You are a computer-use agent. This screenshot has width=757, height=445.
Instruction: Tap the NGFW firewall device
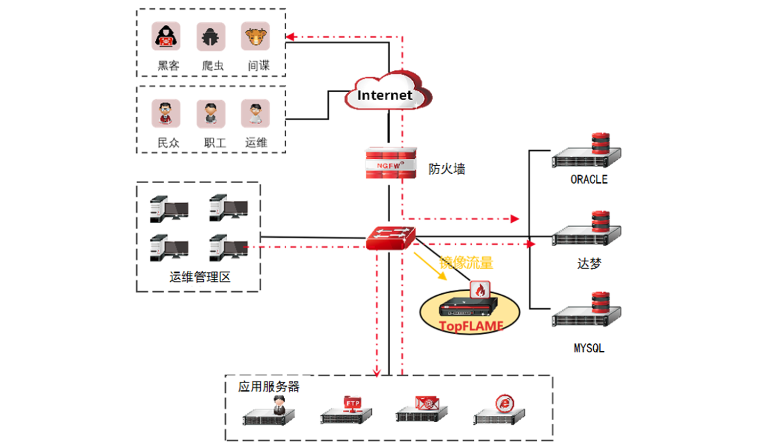[390, 163]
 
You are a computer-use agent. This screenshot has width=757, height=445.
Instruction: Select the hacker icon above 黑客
[166, 36]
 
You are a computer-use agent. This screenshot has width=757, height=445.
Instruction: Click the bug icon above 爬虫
[211, 37]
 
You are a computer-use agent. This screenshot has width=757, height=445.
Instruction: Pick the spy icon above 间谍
[255, 36]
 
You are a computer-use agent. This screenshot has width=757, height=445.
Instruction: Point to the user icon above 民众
[166, 114]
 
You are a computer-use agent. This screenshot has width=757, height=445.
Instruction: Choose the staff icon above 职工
[211, 114]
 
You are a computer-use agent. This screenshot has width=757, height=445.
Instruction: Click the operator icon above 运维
[255, 114]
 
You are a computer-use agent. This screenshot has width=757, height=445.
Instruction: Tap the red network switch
[390, 238]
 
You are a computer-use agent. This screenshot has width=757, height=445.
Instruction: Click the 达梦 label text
[589, 263]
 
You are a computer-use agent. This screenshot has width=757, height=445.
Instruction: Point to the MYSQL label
[589, 348]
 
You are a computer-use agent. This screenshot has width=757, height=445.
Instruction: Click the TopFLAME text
[471, 326]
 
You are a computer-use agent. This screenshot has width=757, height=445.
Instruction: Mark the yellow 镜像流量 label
[466, 263]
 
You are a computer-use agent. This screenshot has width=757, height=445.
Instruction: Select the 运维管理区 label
[200, 277]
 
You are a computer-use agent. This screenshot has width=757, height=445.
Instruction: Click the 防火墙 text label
[446, 169]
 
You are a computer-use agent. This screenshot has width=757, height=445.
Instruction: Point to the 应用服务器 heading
[268, 386]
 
